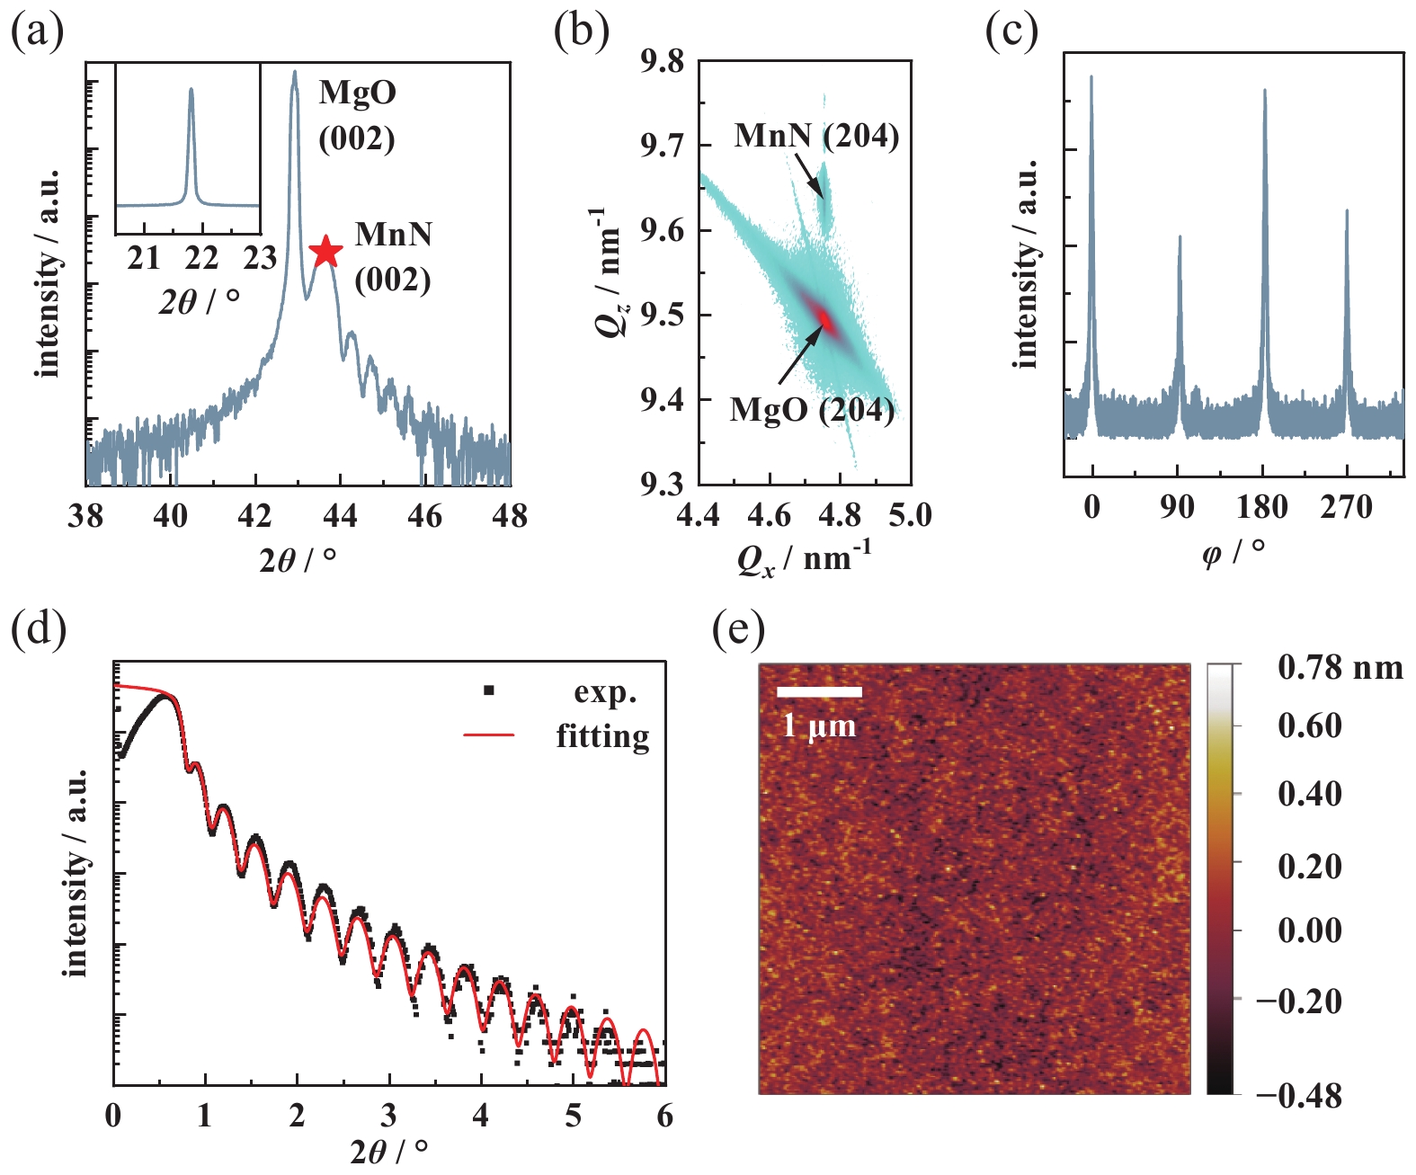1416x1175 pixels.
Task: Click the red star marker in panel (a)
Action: coord(325,252)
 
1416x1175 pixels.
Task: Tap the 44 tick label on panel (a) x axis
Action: coord(340,516)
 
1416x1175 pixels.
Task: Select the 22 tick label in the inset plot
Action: coord(201,258)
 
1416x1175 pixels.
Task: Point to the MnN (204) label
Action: coord(816,136)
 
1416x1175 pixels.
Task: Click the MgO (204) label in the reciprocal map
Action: coord(812,410)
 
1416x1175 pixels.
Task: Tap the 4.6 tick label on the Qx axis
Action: coord(770,516)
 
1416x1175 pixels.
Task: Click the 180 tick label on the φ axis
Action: coord(1262,507)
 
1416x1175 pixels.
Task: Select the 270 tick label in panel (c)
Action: coord(1347,507)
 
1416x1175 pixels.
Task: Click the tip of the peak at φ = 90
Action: coord(1180,237)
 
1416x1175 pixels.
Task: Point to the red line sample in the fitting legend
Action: coord(489,735)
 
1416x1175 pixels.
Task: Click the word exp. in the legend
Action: coord(605,692)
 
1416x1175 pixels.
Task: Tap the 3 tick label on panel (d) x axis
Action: coord(388,1116)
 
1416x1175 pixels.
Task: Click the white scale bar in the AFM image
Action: coord(819,691)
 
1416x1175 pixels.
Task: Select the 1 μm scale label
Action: coord(819,725)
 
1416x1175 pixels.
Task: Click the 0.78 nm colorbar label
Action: coord(1340,667)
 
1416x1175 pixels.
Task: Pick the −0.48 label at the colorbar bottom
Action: coord(1298,1096)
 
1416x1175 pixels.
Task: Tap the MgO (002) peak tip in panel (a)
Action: coord(294,73)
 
